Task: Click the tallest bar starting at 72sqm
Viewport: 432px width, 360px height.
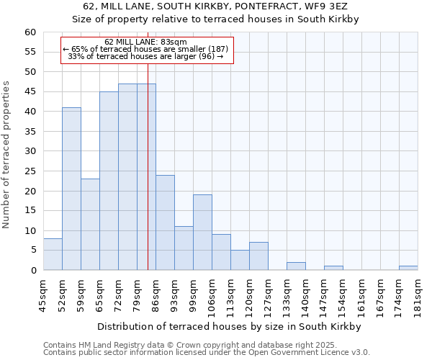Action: tap(127, 177)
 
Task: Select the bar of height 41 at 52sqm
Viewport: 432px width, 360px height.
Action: tap(71, 189)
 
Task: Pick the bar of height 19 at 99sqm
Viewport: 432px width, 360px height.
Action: tap(202, 233)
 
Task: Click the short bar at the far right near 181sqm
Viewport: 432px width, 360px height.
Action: tap(408, 268)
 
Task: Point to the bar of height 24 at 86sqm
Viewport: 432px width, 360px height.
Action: tap(165, 222)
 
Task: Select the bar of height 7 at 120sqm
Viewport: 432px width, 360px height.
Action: tap(258, 256)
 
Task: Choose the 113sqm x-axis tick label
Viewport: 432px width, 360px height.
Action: tap(230, 294)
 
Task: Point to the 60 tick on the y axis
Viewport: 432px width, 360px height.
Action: tap(30, 32)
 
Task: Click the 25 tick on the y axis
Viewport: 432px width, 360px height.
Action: tap(30, 171)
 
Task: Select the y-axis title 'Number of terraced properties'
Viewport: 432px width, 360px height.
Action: tap(7, 155)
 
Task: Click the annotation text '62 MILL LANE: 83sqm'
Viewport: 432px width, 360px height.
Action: tap(145, 42)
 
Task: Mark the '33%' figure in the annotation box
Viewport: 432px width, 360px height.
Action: tap(75, 56)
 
